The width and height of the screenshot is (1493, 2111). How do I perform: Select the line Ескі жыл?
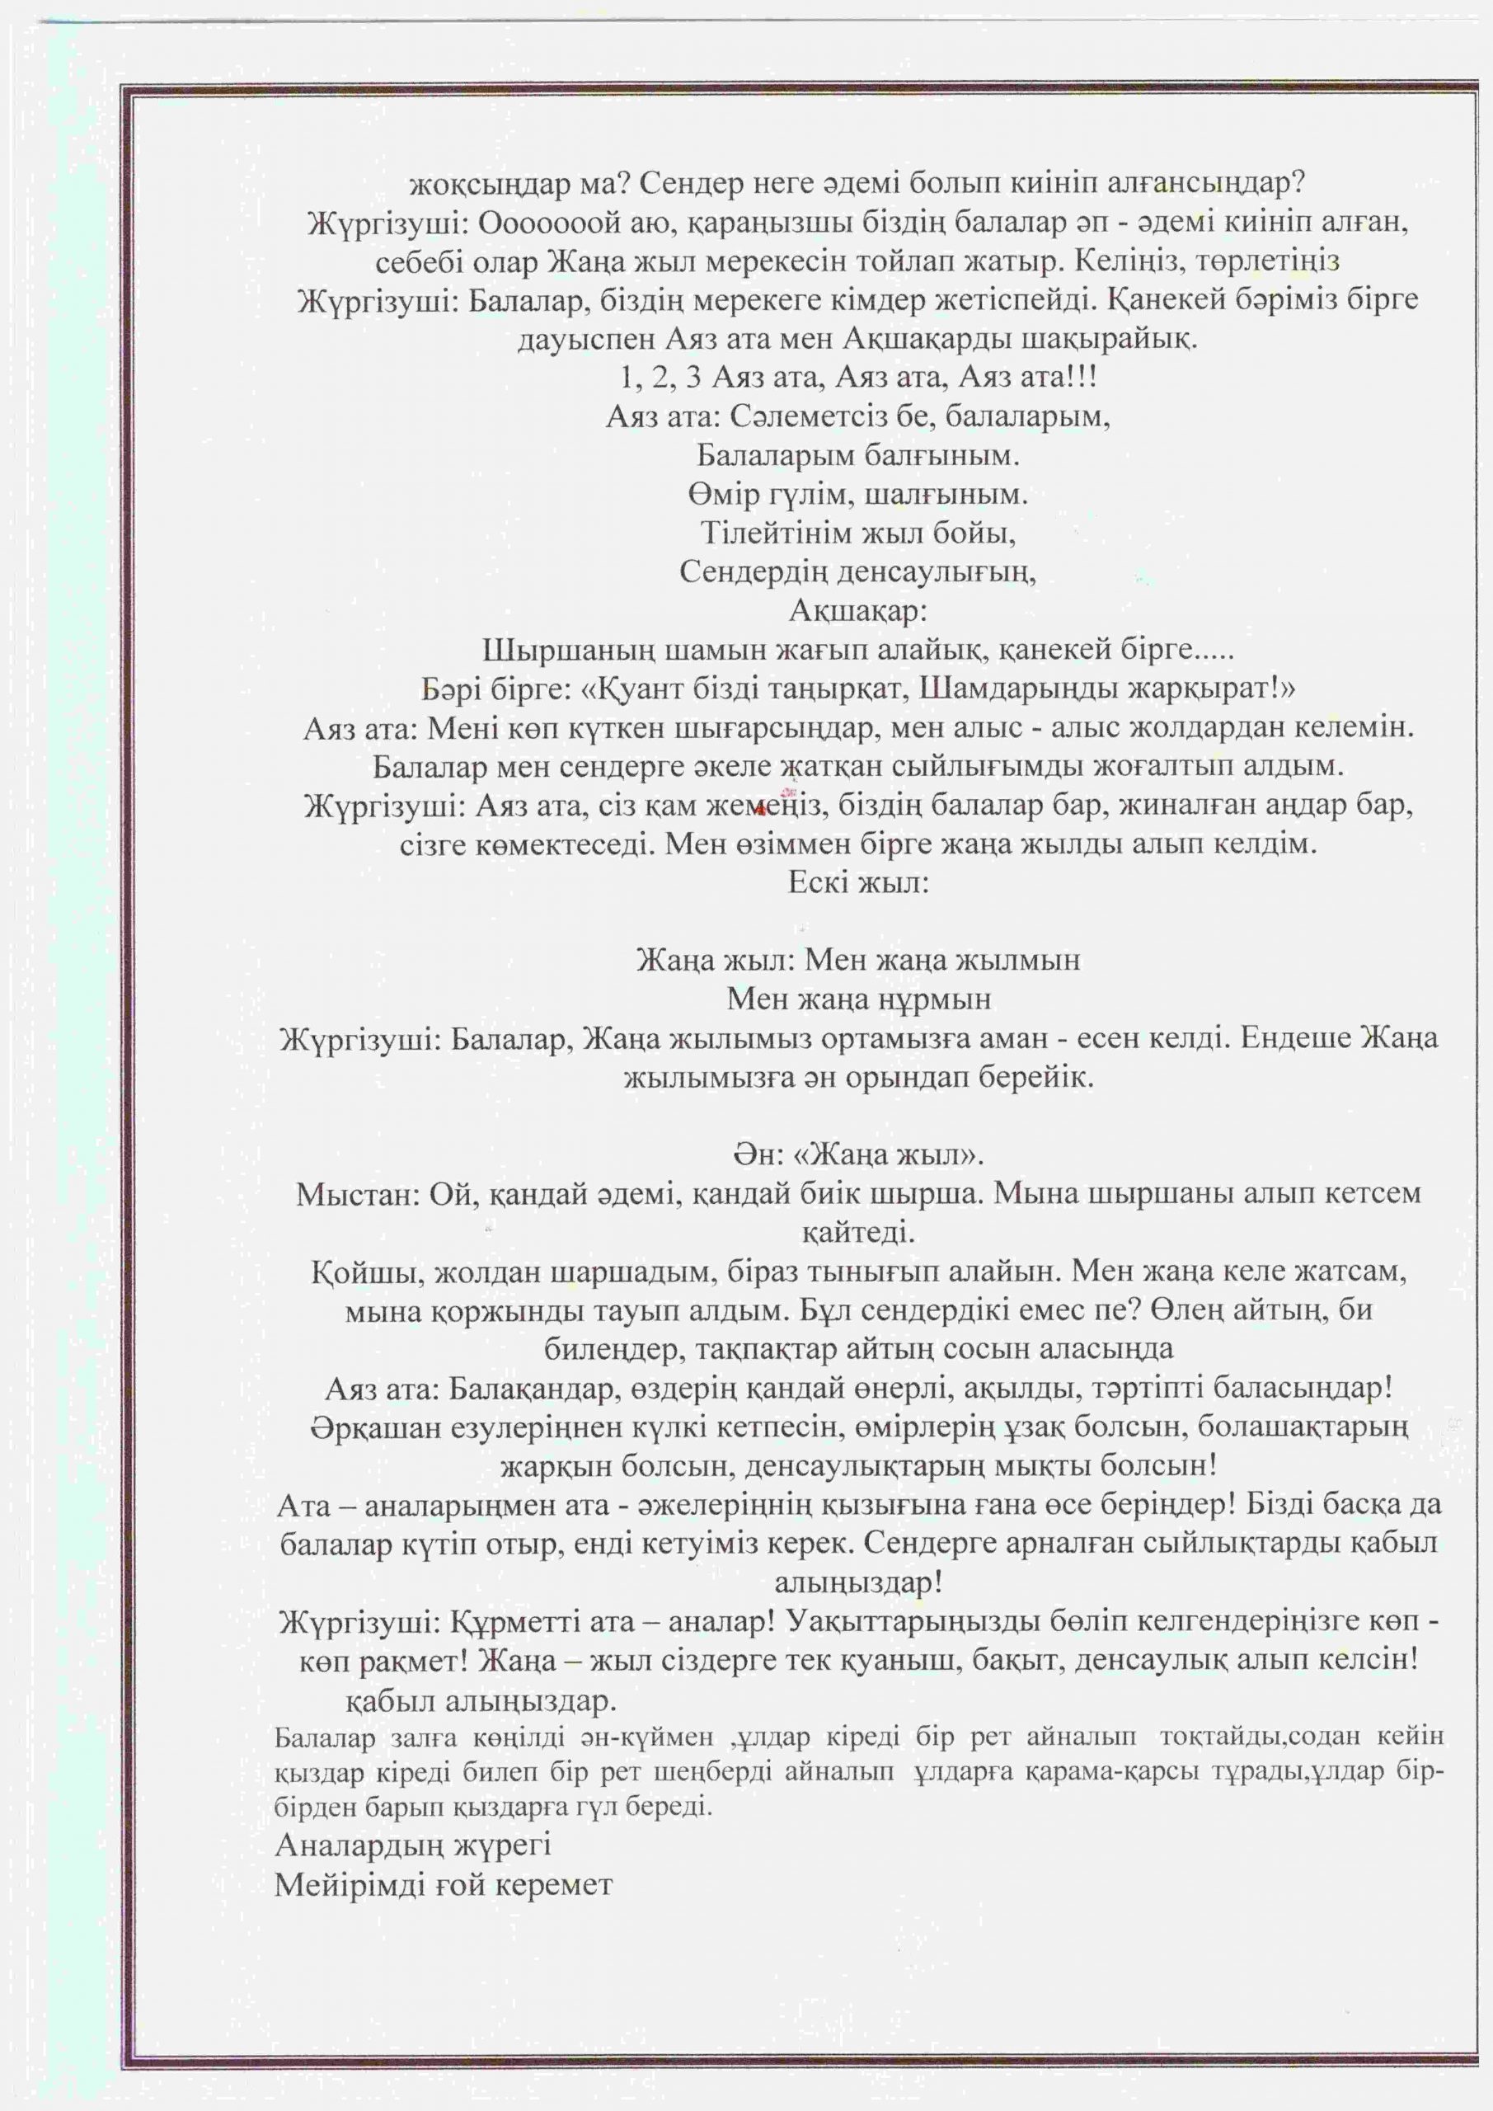pyautogui.click(x=859, y=882)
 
